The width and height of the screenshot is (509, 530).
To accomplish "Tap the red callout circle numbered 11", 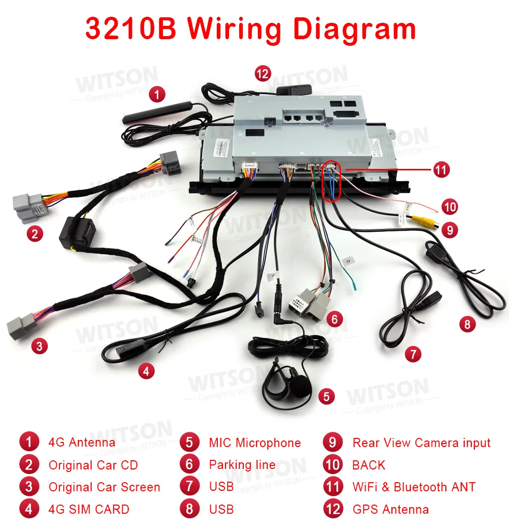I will [x=442, y=169].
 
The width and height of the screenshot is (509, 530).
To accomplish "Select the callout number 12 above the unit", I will [x=262, y=74].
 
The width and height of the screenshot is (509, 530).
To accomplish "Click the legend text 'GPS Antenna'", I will [x=390, y=509].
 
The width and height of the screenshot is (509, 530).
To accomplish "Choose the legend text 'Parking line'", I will [x=242, y=464].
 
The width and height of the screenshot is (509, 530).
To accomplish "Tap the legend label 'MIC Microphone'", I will [x=254, y=443].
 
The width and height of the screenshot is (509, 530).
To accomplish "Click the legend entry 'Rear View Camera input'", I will [x=421, y=443].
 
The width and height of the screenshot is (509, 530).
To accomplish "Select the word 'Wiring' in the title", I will [x=234, y=29].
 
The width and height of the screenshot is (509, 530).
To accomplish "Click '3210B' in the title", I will [x=131, y=29].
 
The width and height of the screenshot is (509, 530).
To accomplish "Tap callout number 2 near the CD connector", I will [x=35, y=234].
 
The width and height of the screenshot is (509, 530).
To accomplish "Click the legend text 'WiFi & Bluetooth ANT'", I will [x=414, y=487].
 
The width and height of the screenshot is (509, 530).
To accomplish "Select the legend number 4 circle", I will [x=29, y=509].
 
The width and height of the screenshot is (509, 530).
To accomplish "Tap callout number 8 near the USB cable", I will [x=467, y=323].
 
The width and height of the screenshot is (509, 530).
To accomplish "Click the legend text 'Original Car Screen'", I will [x=104, y=487].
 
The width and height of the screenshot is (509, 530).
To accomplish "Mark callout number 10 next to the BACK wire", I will [x=449, y=207].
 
